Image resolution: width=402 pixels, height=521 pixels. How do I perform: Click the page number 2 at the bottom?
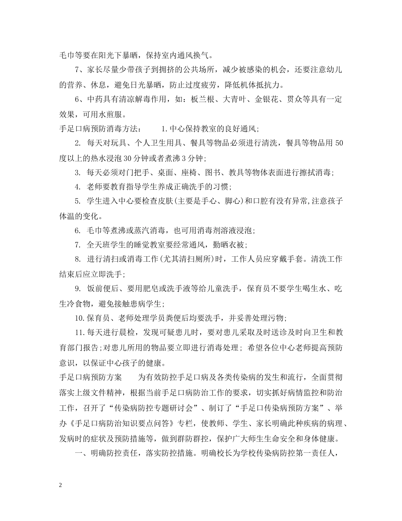click(61, 485)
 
